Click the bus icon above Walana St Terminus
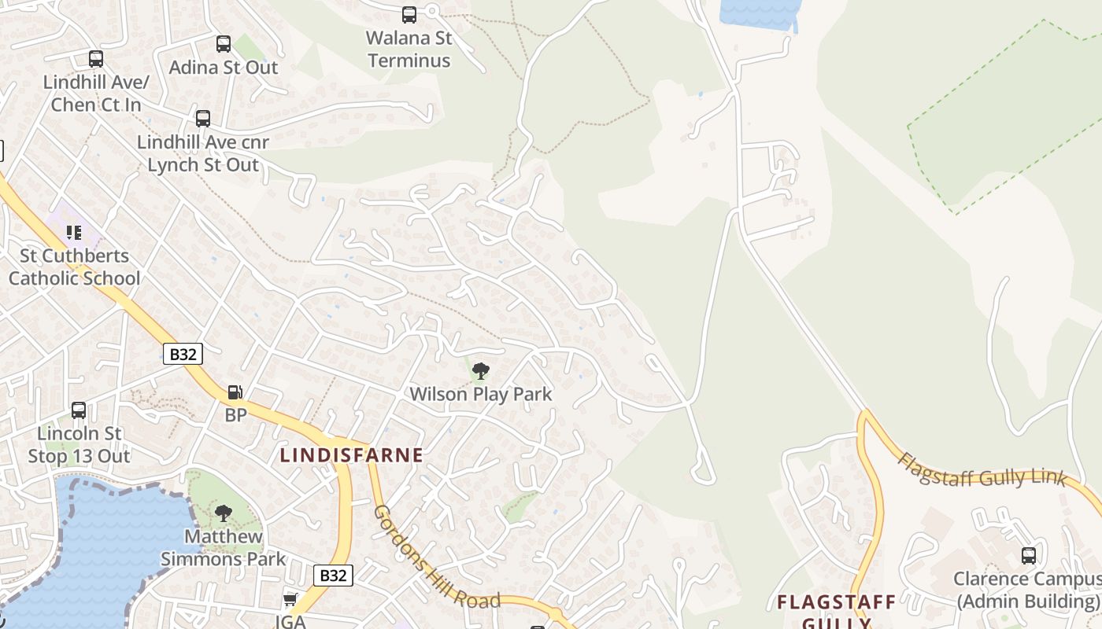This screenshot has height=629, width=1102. point(409,14)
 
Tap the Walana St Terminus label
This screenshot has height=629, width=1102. point(409,49)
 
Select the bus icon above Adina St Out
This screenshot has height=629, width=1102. point(224,44)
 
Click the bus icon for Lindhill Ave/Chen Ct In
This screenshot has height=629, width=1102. point(96,59)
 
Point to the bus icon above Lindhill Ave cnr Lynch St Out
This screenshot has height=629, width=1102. point(203,119)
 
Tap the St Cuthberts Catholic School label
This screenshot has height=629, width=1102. point(74,267)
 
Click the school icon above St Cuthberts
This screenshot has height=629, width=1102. point(74,233)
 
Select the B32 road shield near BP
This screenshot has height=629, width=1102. point(183,354)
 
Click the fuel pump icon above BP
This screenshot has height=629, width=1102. point(235,392)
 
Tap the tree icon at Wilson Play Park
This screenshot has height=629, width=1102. point(480,371)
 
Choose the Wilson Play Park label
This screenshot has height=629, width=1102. point(481,394)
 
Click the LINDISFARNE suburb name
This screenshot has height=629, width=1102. point(352,455)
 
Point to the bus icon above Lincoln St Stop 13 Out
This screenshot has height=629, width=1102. point(79,410)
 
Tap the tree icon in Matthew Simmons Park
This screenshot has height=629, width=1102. point(224,514)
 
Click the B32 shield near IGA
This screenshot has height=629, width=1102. point(333,576)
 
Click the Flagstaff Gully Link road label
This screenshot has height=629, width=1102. point(982,470)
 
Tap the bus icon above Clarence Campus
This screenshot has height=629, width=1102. point(1028,556)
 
